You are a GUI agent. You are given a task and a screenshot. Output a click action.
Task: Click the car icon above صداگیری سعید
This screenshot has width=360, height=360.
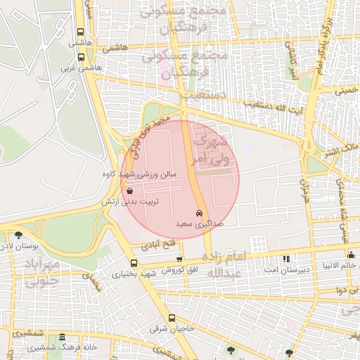click(200, 213)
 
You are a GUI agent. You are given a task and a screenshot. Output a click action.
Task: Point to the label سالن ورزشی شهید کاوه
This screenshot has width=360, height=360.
click(140, 174)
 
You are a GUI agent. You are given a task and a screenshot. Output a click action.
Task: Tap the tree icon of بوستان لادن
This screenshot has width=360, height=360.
click(18, 235)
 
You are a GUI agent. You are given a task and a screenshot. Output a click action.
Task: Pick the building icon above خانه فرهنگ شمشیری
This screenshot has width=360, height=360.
click(63, 337)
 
